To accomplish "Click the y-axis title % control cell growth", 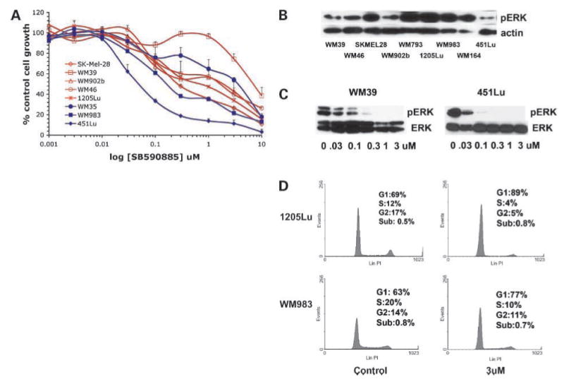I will coord(10,74).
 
